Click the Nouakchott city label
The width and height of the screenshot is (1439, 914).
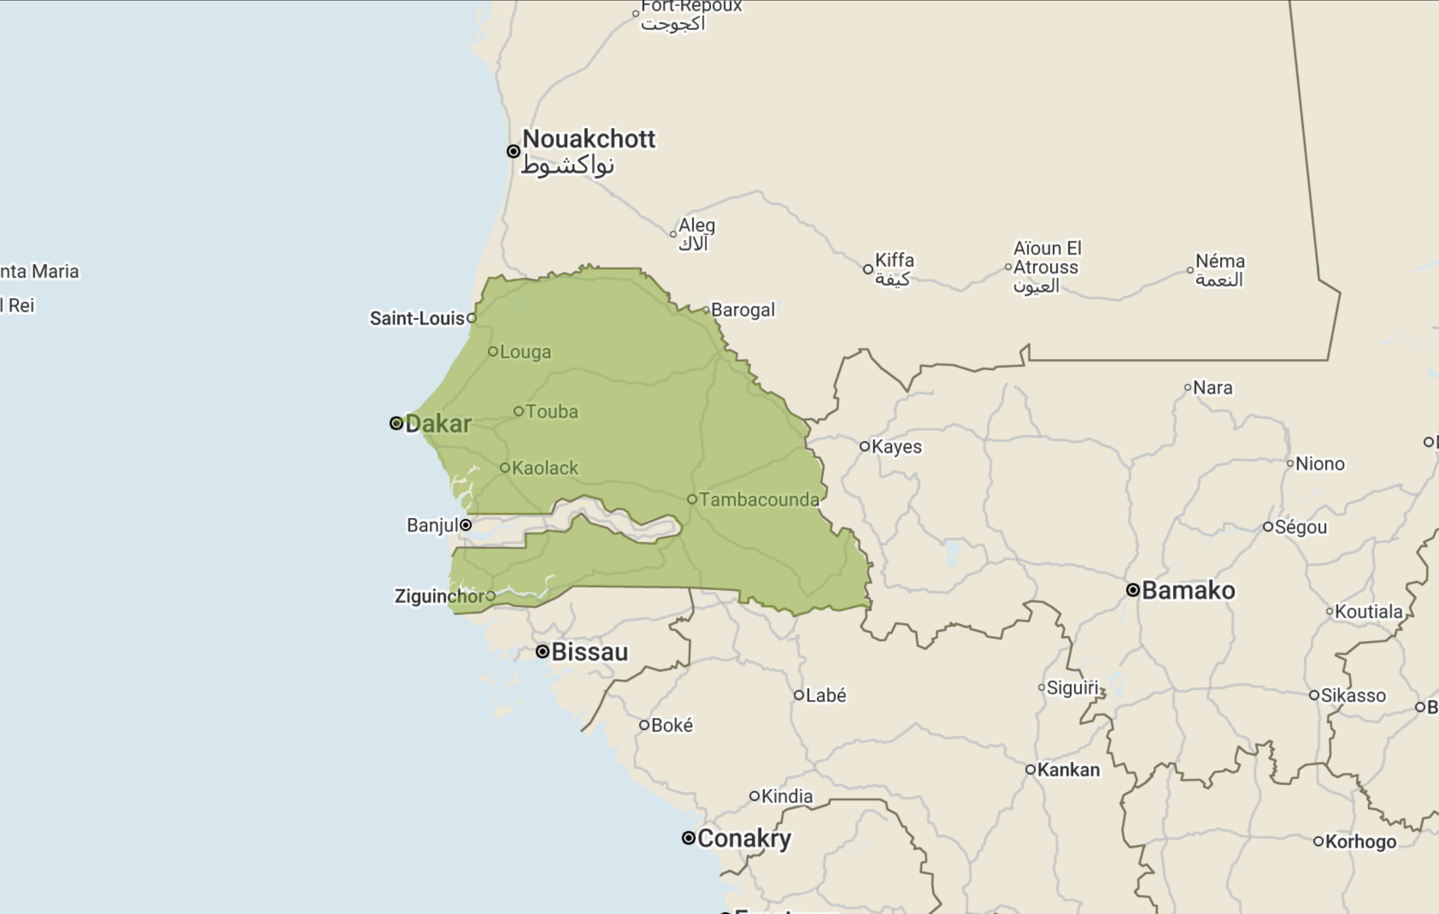pyautogui.click(x=589, y=139)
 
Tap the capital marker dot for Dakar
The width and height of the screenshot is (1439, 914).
pyautogui.click(x=396, y=423)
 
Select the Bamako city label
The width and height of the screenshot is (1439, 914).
pyautogui.click(x=1188, y=591)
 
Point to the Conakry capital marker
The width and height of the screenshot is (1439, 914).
pyautogui.click(x=688, y=838)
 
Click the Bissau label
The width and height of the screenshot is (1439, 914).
pyautogui.click(x=589, y=652)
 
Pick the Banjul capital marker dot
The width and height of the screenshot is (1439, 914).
pyautogui.click(x=466, y=525)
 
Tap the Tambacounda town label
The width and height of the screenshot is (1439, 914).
pyautogui.click(x=759, y=500)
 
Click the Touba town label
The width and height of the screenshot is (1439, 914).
pyautogui.click(x=552, y=412)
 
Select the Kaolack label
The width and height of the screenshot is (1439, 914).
pyautogui.click(x=545, y=468)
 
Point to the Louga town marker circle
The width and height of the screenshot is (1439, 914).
pyautogui.click(x=493, y=351)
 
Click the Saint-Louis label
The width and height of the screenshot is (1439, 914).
pyautogui.click(x=417, y=318)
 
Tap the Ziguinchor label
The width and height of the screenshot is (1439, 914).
pyautogui.click(x=440, y=596)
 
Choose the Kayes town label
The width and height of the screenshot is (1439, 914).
pyautogui.click(x=896, y=447)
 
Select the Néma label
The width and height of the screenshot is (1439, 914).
pyautogui.click(x=1220, y=261)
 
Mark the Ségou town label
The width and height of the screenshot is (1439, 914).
pyautogui.click(x=1301, y=527)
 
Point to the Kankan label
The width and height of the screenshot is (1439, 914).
pyautogui.click(x=1068, y=770)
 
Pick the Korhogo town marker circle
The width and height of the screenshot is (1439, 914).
pyautogui.click(x=1318, y=842)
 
